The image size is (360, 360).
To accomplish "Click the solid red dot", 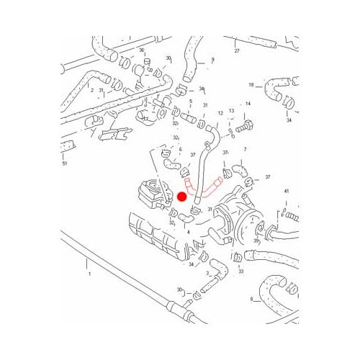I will click(182, 196).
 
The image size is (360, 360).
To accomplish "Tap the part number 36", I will click(142, 50).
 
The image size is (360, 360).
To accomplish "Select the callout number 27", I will click(236, 52).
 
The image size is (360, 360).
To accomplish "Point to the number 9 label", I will click(213, 60).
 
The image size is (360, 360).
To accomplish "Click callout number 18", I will click(251, 85).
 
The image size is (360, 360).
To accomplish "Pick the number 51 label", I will click(65, 164).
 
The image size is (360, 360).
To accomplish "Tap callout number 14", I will click(247, 104).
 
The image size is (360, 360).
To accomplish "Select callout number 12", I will click(220, 114).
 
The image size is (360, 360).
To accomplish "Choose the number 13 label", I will click(231, 112).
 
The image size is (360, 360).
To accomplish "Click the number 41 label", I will click(285, 191).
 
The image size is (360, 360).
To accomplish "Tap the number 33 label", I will click(240, 271).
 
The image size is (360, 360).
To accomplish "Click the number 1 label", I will click(89, 274).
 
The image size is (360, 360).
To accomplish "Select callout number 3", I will click(207, 274).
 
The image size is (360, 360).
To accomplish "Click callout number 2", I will click(92, 90).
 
